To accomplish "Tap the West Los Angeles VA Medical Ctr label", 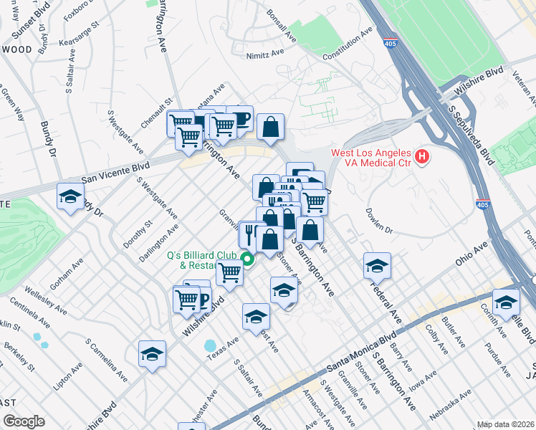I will point(371,155).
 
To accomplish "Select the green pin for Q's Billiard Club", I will point(247,259).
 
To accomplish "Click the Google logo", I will point(24,421).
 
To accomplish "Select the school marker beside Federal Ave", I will point(377,266).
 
